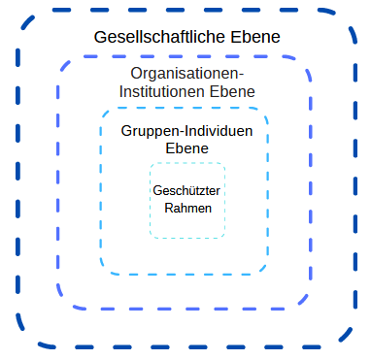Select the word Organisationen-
tap(187, 74)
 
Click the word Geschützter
tap(187, 190)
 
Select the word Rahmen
tap(187, 207)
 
